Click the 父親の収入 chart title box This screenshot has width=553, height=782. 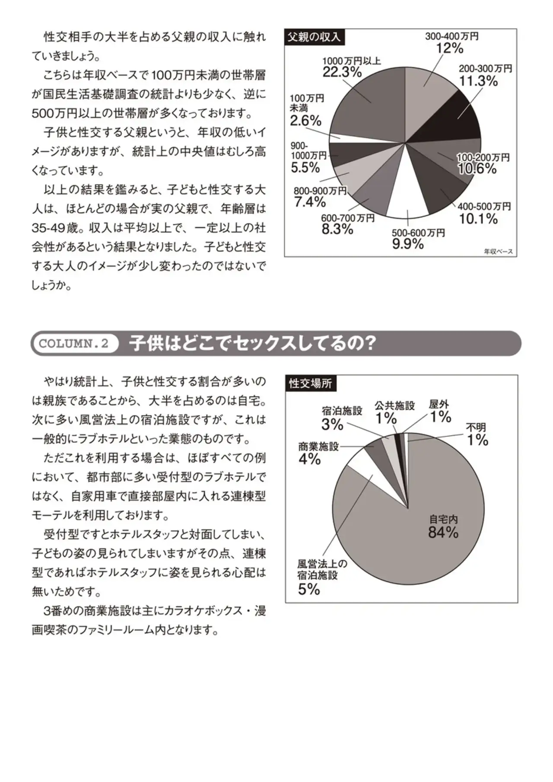click(x=314, y=37)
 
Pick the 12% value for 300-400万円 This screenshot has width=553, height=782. click(x=450, y=48)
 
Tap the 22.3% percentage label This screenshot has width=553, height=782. click(x=342, y=72)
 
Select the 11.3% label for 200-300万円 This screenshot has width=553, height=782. click(x=478, y=81)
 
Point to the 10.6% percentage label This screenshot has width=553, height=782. click(x=477, y=169)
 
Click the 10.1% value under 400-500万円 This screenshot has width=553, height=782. click(x=478, y=219)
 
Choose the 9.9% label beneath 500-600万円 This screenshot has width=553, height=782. click(x=408, y=244)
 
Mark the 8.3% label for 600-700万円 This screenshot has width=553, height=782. click(x=337, y=229)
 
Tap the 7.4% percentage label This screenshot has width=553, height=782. click(x=310, y=201)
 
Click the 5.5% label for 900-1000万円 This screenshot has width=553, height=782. click(x=305, y=168)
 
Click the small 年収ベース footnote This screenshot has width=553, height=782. click(x=498, y=251)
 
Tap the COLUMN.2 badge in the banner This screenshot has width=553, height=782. click(x=74, y=344)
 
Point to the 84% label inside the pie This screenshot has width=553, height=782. click(x=443, y=533)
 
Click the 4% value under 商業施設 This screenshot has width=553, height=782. click(x=309, y=459)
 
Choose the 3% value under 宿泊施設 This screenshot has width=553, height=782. click(x=332, y=425)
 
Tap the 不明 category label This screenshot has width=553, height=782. click(x=476, y=428)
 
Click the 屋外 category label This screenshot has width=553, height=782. click(x=439, y=405)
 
